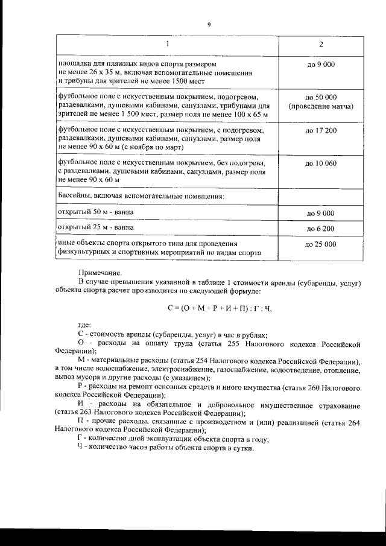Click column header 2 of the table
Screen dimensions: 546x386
click(320, 45)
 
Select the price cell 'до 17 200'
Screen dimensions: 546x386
click(320, 130)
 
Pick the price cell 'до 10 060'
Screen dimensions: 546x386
click(320, 163)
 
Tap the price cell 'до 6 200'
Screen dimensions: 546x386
click(320, 229)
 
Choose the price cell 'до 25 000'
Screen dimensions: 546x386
click(320, 244)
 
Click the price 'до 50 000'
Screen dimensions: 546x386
click(320, 97)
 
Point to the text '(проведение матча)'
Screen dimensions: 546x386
click(320, 106)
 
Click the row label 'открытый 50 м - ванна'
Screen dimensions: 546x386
click(95, 212)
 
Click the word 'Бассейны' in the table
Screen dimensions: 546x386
click(75, 196)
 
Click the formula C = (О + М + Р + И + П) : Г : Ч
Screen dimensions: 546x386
click(220, 308)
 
